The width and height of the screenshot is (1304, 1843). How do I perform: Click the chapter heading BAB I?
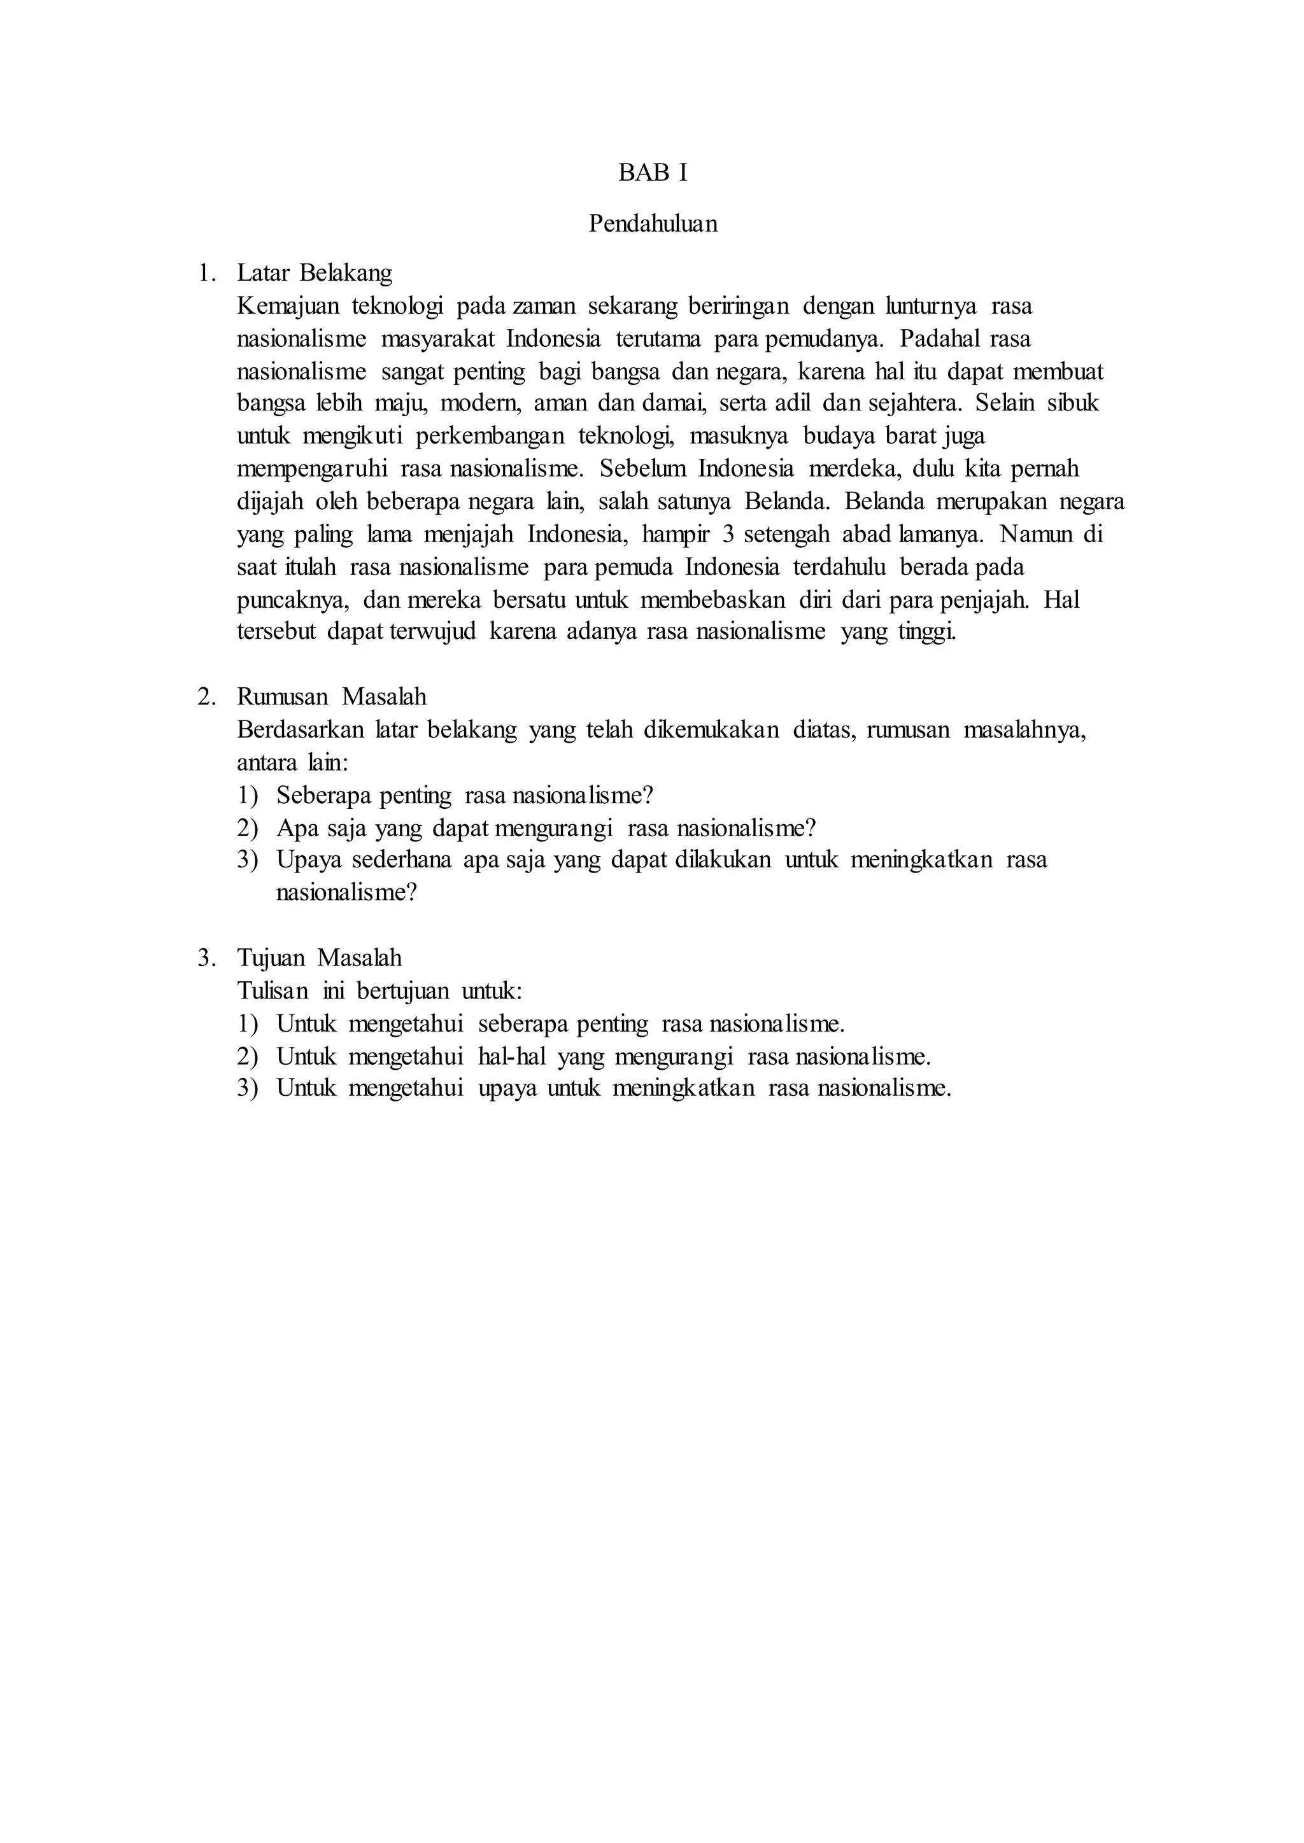tap(652, 173)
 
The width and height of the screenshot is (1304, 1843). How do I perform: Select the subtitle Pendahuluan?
tap(652, 223)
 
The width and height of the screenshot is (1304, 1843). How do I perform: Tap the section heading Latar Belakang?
tap(314, 273)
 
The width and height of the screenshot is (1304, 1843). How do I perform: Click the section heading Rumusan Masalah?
tap(331, 697)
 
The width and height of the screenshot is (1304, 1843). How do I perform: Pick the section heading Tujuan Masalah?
tap(319, 958)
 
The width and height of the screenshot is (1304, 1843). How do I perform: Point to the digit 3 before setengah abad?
tap(728, 535)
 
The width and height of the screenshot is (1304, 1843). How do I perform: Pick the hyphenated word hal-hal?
tap(511, 1057)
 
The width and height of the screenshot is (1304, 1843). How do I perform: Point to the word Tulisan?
tap(273, 992)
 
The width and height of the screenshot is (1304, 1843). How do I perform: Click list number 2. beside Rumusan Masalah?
tap(206, 697)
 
